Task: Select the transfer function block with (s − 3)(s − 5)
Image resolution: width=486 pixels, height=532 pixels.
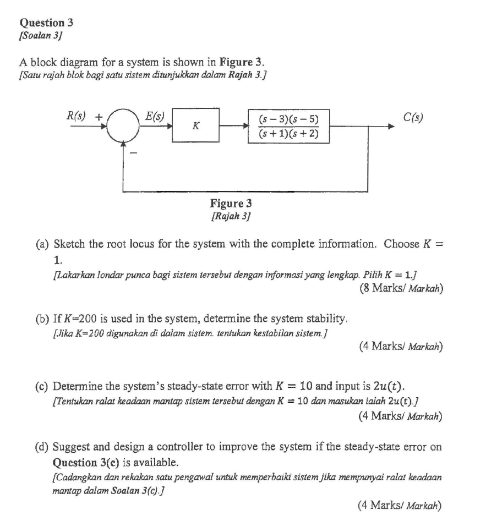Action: click(288, 125)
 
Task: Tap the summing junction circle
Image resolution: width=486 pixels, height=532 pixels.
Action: click(123, 125)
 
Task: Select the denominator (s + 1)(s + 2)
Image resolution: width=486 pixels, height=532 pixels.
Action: click(288, 134)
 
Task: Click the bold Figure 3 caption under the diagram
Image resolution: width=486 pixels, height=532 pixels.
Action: click(231, 204)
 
